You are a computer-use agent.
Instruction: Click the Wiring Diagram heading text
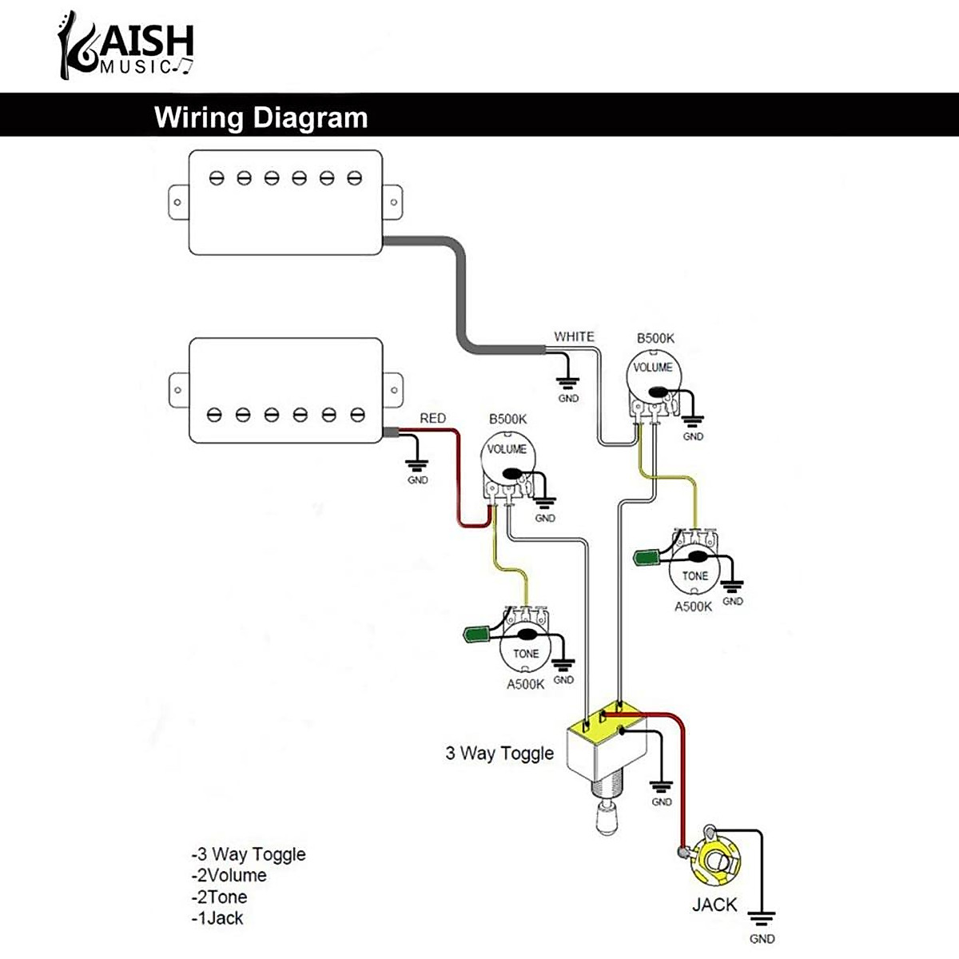pos(261,117)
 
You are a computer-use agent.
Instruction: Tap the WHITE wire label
pos(574,336)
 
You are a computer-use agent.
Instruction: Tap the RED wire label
pos(432,418)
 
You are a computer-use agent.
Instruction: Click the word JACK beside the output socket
pos(714,905)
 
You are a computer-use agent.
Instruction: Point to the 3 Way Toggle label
pos(499,753)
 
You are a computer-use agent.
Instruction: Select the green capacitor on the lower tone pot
pos(478,635)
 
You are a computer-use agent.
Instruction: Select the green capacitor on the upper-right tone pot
pos(648,556)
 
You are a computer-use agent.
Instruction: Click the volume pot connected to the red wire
pos(507,460)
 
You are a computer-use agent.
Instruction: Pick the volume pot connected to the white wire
pos(653,377)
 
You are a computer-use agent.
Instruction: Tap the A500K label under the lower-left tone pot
pos(525,684)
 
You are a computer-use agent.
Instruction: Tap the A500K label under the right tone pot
pos(693,606)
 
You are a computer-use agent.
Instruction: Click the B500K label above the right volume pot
pos(655,338)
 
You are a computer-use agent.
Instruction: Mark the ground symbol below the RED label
pos(417,467)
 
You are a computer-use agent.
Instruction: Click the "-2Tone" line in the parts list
pos(219,897)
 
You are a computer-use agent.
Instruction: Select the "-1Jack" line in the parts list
pos(217,918)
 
